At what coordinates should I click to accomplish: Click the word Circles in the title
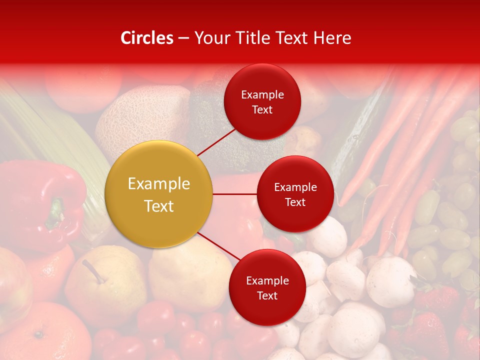(146, 38)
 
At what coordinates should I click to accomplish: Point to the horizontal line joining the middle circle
(235, 194)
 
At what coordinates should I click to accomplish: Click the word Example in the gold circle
(159, 184)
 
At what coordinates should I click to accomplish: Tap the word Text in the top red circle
(262, 110)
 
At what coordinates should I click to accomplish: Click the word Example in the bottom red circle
(267, 281)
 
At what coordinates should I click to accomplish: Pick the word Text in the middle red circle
(295, 202)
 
